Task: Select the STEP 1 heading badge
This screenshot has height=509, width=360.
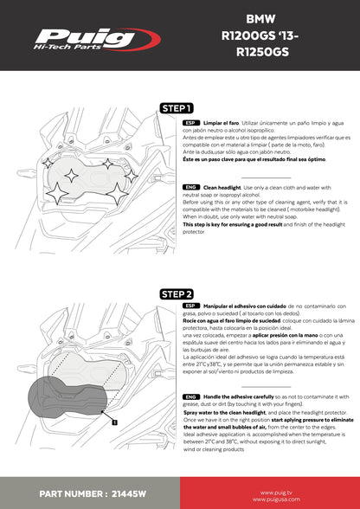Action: click(177, 108)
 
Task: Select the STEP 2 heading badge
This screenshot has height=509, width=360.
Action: click(177, 294)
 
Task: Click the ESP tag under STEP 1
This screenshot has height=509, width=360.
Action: click(191, 124)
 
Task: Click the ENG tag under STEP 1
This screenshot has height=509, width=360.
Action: click(191, 186)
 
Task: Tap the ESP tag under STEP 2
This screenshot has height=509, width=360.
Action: click(191, 306)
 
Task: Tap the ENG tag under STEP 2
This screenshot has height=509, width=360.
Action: click(191, 396)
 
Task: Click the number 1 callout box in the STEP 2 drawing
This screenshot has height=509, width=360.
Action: click(113, 422)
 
